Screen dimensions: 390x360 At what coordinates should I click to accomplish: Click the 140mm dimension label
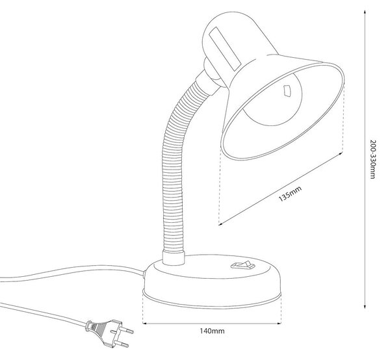(212, 331)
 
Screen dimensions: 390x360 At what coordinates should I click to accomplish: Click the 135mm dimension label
(290, 194)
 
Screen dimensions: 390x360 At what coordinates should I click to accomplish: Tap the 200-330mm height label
(372, 159)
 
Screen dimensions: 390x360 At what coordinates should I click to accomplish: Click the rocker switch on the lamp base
(243, 264)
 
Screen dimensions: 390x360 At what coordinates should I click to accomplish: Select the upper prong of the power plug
(127, 330)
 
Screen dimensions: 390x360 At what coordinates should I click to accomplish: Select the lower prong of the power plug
(122, 344)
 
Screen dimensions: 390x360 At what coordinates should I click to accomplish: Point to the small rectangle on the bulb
(287, 90)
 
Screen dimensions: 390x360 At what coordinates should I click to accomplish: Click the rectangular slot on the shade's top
(226, 49)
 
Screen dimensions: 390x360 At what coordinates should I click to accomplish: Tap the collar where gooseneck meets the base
(174, 258)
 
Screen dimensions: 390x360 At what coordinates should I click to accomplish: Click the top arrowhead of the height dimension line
(365, 12)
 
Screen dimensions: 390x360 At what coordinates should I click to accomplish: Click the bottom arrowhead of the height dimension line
(365, 307)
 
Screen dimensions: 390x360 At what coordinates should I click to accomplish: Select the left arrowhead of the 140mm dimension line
(145, 324)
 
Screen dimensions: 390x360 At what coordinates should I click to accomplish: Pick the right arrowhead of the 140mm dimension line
(279, 324)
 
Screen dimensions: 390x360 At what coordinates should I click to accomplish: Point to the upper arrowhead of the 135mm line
(341, 154)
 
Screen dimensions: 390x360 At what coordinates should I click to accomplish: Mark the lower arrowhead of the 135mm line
(221, 224)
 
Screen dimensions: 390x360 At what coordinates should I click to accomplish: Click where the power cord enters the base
(144, 273)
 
